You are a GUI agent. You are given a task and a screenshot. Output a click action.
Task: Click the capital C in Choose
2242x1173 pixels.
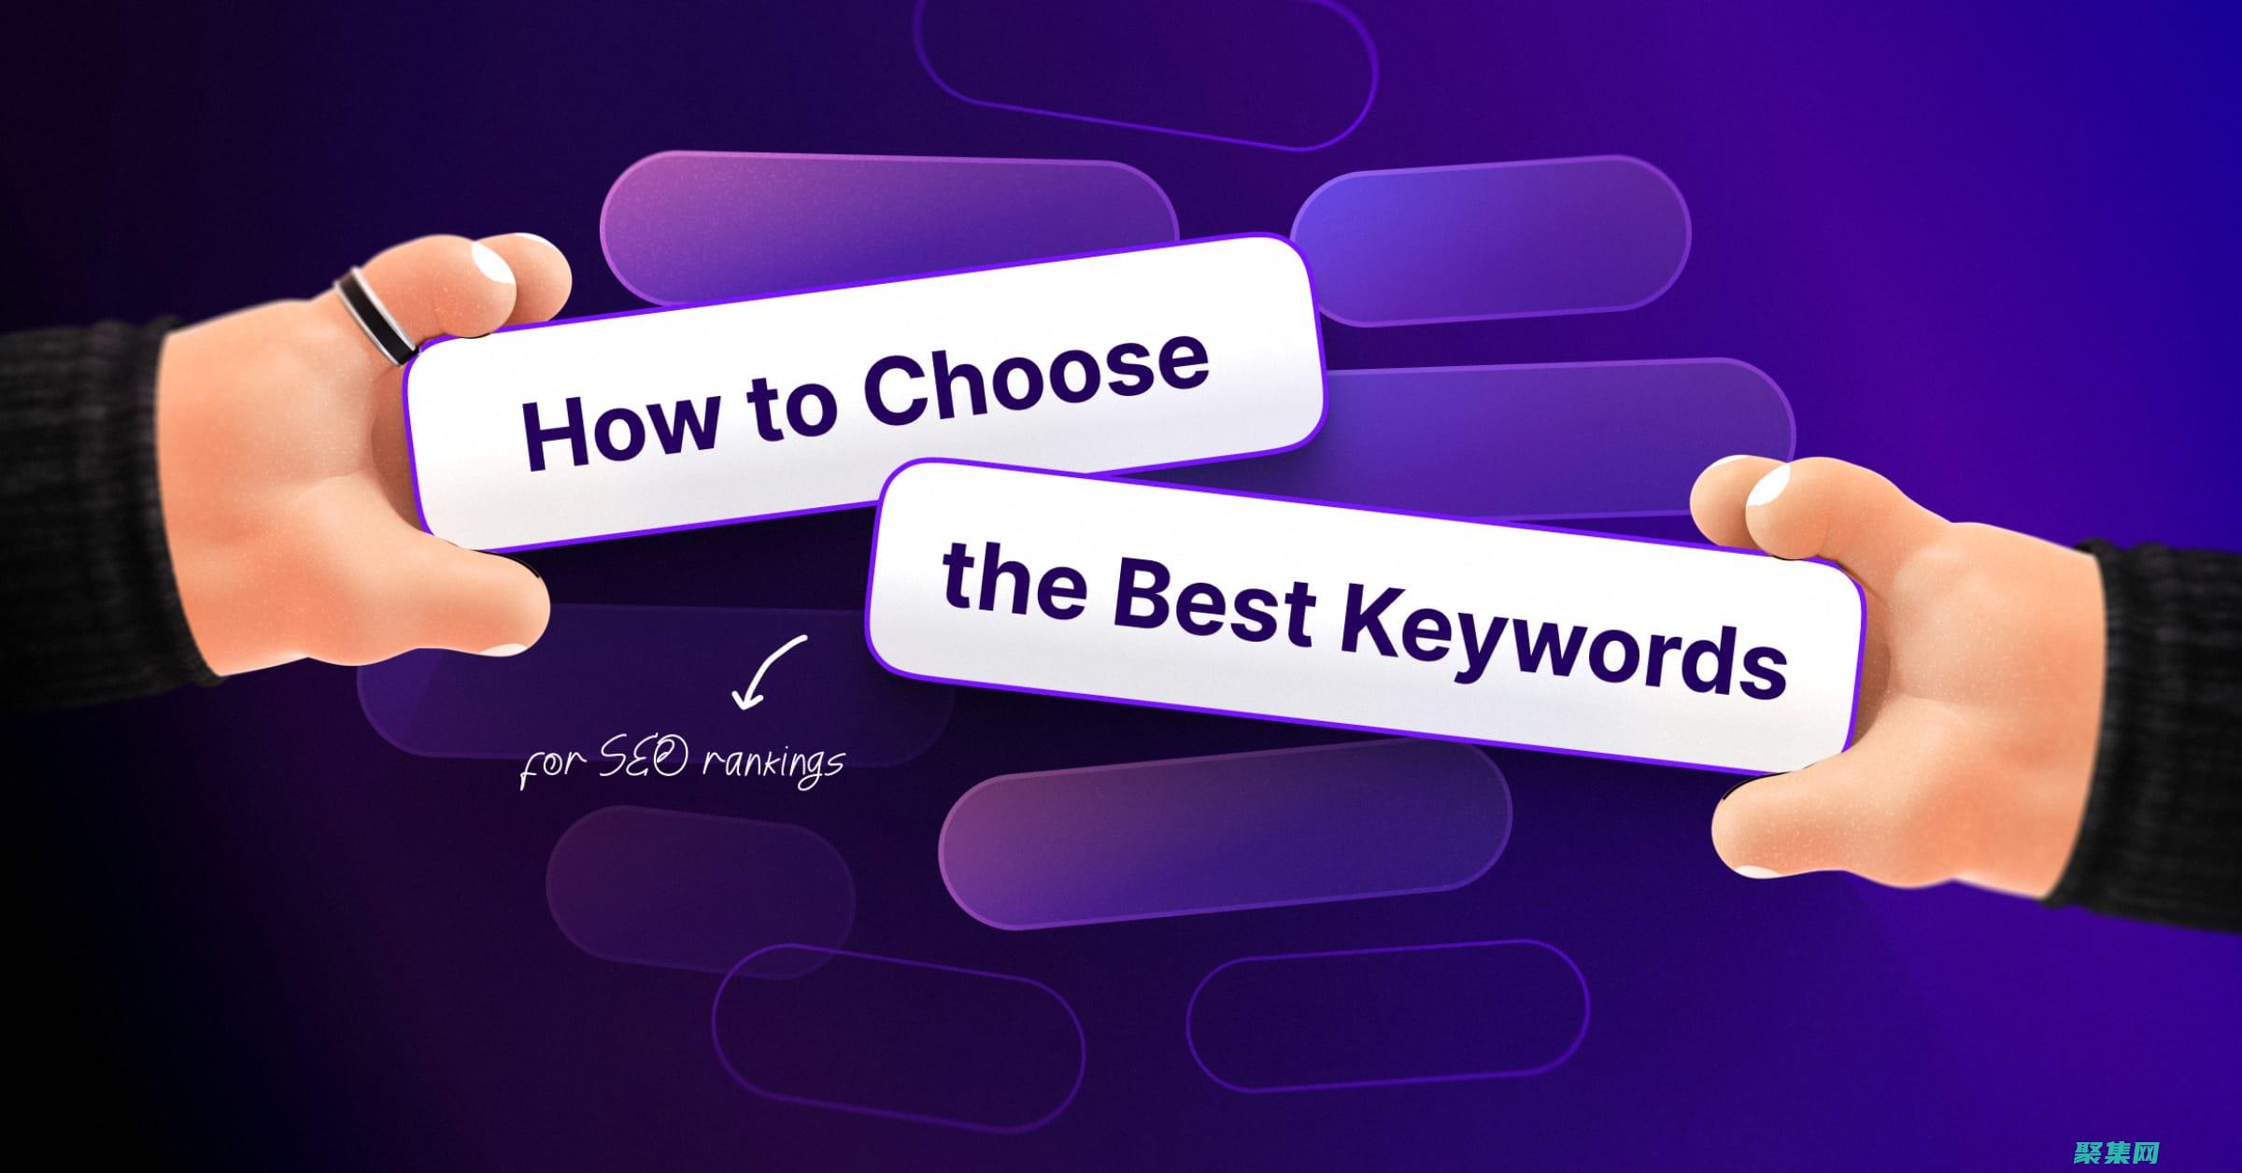tap(897, 392)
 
